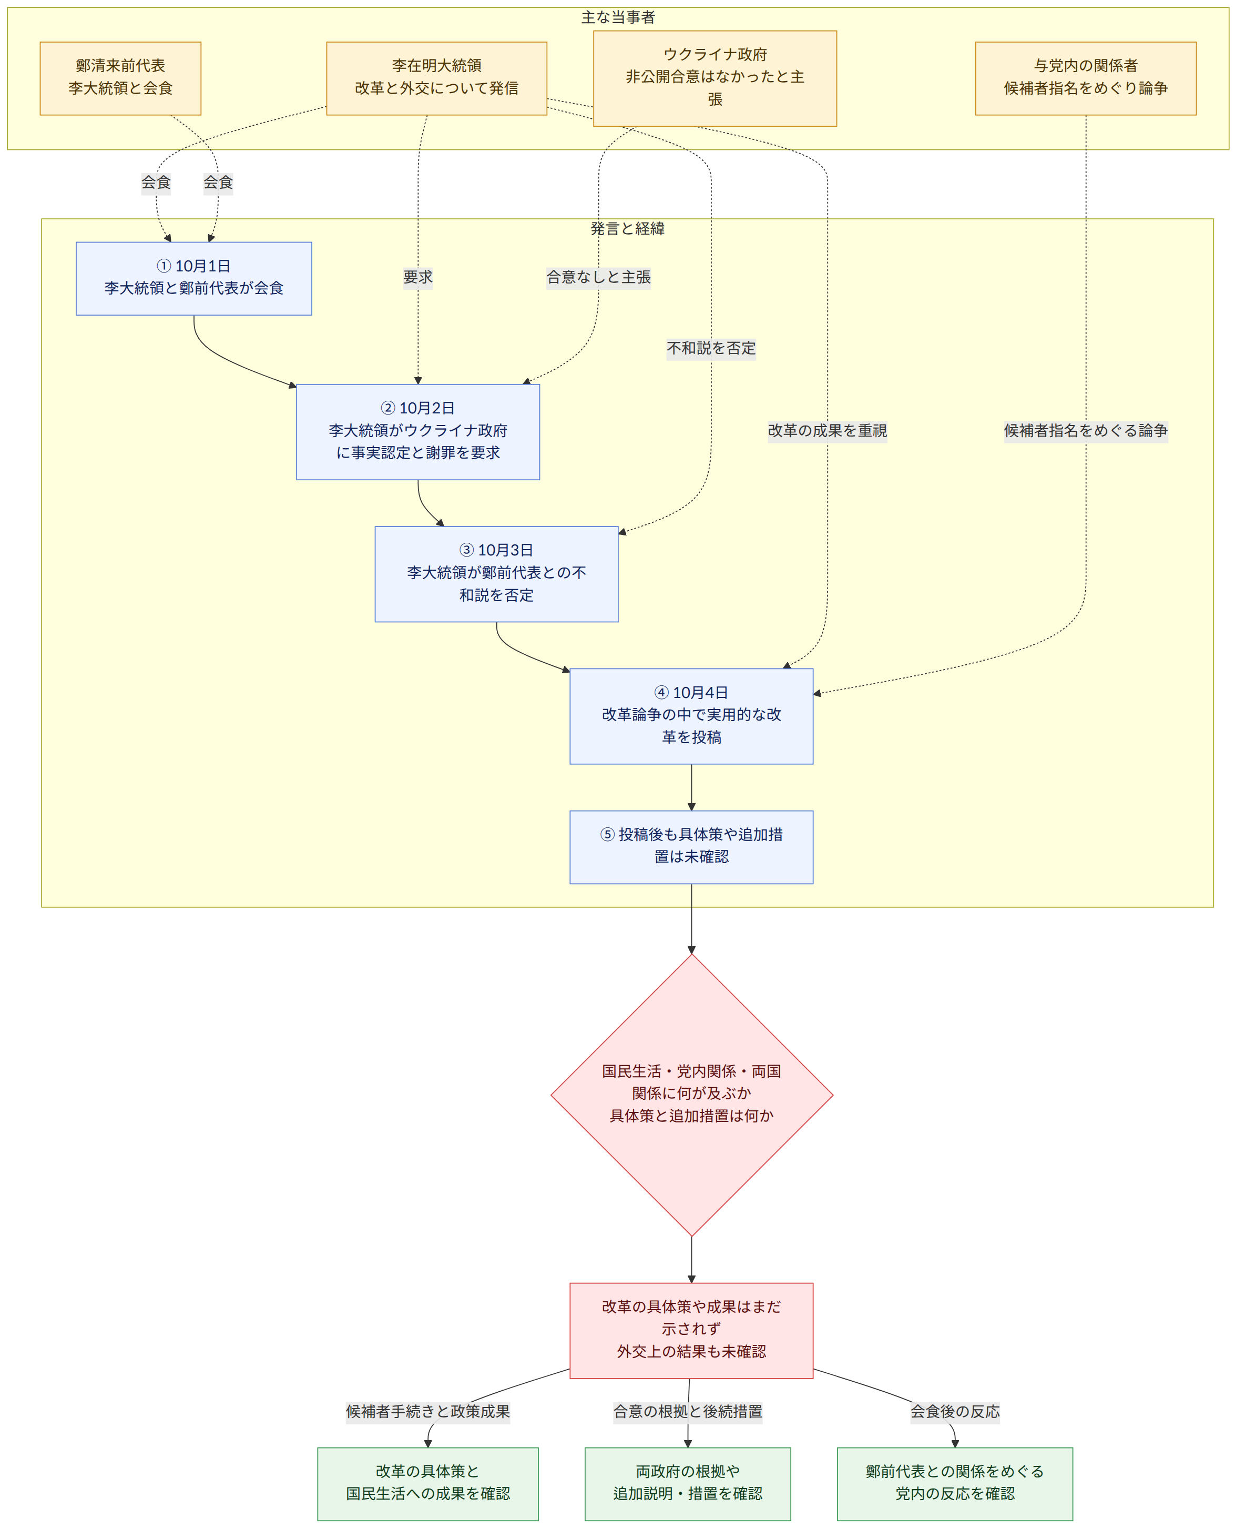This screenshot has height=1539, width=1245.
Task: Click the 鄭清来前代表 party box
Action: coord(120,78)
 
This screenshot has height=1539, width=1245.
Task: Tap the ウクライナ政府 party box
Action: coord(715,78)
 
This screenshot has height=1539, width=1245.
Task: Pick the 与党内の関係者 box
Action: coord(1085,78)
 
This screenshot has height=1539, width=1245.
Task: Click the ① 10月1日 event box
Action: coord(193,278)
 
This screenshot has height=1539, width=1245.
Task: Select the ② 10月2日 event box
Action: coord(418,432)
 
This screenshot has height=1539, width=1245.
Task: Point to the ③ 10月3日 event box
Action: coord(496,574)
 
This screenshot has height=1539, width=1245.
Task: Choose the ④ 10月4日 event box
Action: coord(691,716)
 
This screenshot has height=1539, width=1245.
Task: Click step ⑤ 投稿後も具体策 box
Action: coord(691,847)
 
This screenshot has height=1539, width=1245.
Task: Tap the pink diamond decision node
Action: coord(691,1095)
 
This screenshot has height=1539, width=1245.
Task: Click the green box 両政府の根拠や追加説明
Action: coord(688,1484)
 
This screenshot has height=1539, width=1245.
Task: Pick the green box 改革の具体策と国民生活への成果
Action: coord(428,1484)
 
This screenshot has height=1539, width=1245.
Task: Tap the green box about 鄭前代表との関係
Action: coord(955,1484)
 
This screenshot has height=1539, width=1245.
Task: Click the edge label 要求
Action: coord(418,277)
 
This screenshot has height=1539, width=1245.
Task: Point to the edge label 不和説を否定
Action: coord(711,348)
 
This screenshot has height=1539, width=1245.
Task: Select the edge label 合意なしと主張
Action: coord(598,277)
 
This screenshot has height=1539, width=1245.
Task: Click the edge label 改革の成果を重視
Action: coord(827,430)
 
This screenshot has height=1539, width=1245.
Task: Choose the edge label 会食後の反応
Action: coord(955,1411)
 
